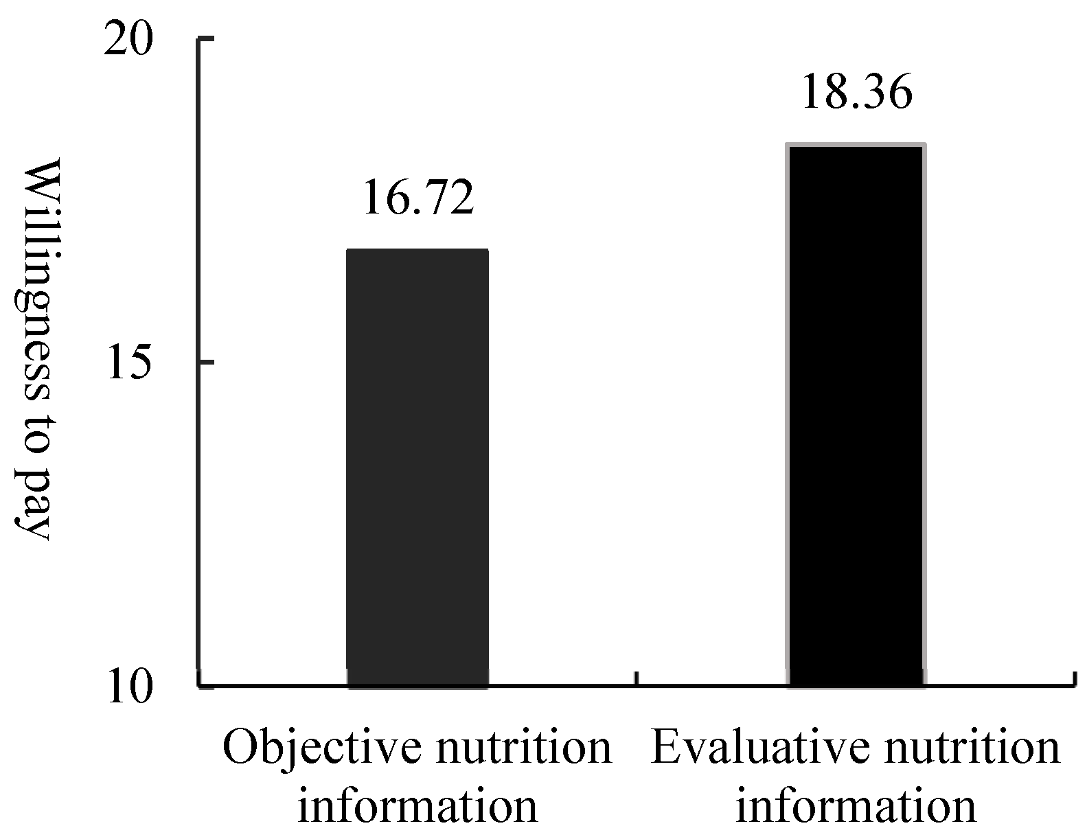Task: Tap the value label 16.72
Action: click(x=417, y=198)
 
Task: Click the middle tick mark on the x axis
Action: click(x=637, y=678)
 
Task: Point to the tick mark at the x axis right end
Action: click(x=1073, y=678)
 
